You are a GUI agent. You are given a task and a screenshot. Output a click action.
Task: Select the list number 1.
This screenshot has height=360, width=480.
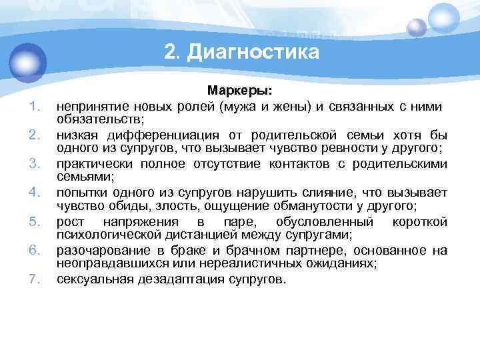pos(36,106)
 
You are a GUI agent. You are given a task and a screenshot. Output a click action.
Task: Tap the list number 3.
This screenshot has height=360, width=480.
pos(36,164)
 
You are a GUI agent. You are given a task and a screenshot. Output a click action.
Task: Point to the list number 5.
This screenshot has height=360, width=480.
pos(36,222)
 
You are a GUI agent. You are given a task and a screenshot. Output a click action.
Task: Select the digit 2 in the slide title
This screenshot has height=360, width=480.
pos(169,52)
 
